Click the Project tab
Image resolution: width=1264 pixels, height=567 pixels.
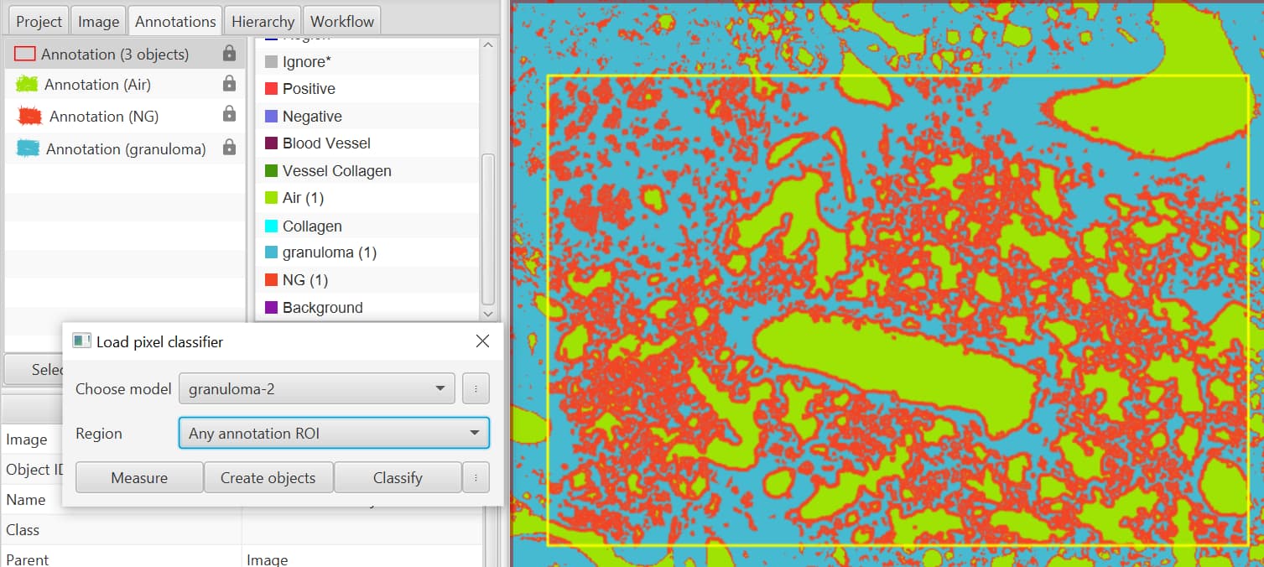39,22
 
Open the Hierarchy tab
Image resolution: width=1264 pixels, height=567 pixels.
263,22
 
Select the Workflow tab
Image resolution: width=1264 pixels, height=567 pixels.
342,22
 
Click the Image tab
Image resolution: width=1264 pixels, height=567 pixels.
98,22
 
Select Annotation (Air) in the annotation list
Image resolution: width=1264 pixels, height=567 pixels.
97,85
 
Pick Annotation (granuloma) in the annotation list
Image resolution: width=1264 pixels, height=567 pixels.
125,149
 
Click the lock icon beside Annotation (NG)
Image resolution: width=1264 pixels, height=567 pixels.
229,115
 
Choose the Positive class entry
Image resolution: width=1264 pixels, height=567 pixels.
309,89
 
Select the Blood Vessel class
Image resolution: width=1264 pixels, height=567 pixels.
326,143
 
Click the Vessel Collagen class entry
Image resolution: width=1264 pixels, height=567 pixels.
336,171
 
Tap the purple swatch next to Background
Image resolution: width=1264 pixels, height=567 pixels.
271,308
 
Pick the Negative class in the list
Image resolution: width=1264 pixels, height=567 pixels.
312,117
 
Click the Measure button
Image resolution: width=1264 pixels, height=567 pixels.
139,478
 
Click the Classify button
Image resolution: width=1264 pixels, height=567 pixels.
398,478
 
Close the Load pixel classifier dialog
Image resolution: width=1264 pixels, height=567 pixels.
482,341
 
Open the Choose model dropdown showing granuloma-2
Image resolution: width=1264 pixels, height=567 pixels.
316,389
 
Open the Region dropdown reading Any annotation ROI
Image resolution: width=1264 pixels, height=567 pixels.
333,434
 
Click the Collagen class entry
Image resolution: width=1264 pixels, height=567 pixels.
312,226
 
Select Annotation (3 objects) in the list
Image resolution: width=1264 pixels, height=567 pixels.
115,55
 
